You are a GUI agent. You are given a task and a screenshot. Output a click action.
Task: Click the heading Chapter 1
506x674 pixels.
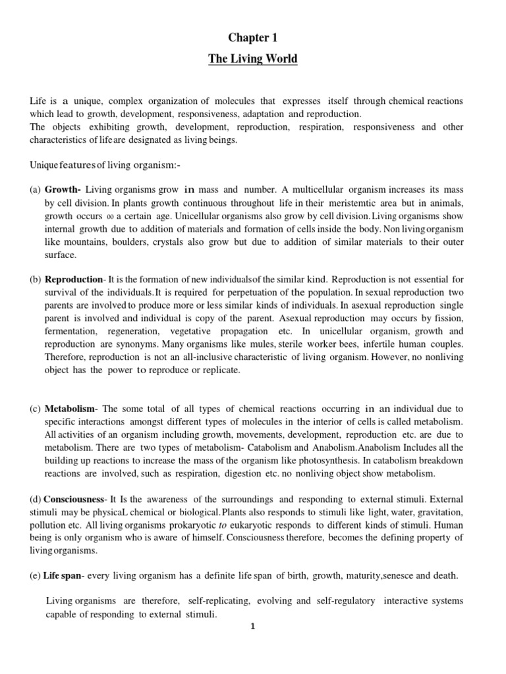[253, 38]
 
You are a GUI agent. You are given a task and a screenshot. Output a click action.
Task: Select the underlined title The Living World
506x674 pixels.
[253, 59]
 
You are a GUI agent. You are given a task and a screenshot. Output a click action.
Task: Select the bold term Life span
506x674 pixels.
[61, 575]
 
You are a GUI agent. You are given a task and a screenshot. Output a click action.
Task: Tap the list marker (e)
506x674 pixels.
[35, 575]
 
